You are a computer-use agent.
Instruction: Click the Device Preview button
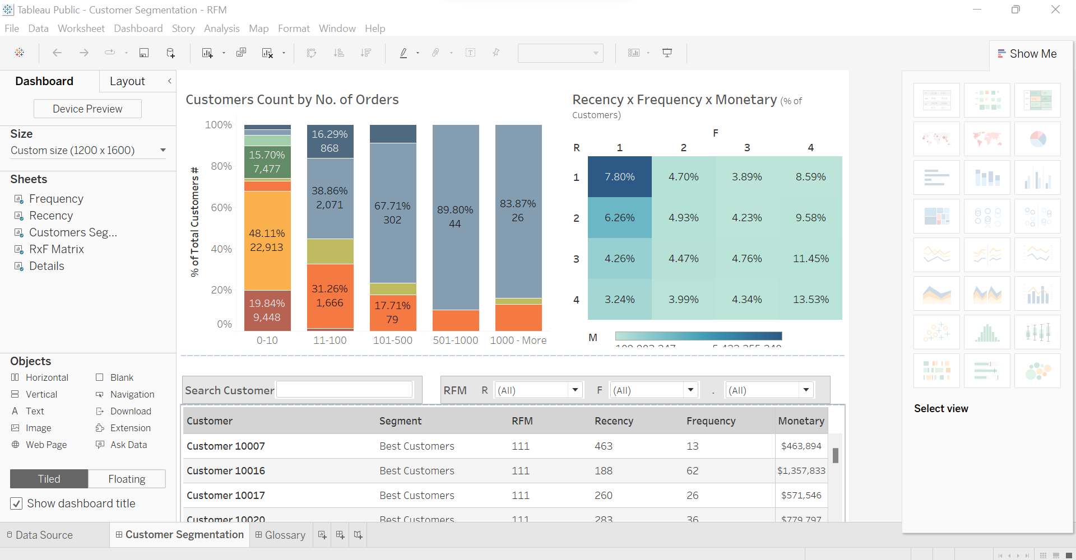point(87,109)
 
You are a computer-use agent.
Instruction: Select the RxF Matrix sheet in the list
point(56,249)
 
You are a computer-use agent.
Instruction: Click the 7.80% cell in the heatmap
point(619,177)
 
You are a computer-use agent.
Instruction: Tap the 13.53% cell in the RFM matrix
point(810,300)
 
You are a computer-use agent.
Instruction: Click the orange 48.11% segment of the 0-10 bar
point(267,240)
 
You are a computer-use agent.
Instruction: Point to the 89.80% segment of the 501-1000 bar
point(455,217)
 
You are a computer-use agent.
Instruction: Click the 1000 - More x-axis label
point(518,340)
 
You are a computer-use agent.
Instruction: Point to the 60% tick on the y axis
point(221,208)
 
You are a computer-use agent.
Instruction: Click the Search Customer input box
point(344,390)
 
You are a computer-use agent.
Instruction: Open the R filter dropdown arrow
point(575,390)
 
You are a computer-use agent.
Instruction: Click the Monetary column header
point(801,421)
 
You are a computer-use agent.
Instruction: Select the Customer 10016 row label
point(226,471)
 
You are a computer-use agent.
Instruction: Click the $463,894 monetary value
point(801,446)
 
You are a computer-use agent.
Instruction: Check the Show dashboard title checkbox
point(17,503)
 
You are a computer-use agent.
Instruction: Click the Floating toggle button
point(127,479)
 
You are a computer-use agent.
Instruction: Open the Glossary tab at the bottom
point(280,535)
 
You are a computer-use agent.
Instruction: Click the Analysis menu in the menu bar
point(221,29)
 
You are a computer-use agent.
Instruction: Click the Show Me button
point(1027,54)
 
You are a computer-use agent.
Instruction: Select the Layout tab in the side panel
point(127,81)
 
